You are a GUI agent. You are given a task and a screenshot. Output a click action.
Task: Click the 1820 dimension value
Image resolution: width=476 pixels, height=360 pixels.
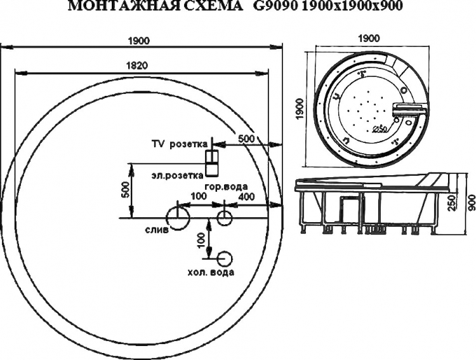136,65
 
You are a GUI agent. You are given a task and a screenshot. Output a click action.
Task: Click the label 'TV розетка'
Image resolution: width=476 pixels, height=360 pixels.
180,144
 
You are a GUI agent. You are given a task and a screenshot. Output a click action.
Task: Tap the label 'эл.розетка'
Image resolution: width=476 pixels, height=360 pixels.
178,176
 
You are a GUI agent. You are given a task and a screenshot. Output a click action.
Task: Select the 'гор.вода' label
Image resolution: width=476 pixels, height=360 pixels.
226,187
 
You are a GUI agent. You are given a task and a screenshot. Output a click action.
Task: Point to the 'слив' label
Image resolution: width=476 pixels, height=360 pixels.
157,230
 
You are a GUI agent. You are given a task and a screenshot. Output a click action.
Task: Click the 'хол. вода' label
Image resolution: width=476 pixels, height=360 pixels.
211,272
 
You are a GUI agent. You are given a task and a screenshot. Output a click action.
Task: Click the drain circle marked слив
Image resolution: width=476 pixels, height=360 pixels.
178,218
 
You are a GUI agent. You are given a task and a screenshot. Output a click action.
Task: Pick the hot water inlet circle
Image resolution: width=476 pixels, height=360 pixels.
224,218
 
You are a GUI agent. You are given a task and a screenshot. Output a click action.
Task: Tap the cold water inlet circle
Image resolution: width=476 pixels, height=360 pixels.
225,259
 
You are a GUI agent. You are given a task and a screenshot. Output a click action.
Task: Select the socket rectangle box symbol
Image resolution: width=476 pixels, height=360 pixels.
211,163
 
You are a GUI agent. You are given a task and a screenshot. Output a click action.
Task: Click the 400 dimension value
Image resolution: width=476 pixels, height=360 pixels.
246,197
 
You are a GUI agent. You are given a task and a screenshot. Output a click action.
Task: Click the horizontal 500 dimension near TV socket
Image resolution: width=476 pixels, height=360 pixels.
246,138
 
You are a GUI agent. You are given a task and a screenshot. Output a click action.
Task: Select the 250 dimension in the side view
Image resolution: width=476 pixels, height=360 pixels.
452,203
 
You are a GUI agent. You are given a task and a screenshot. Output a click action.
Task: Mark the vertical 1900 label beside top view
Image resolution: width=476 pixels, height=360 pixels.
300,109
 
